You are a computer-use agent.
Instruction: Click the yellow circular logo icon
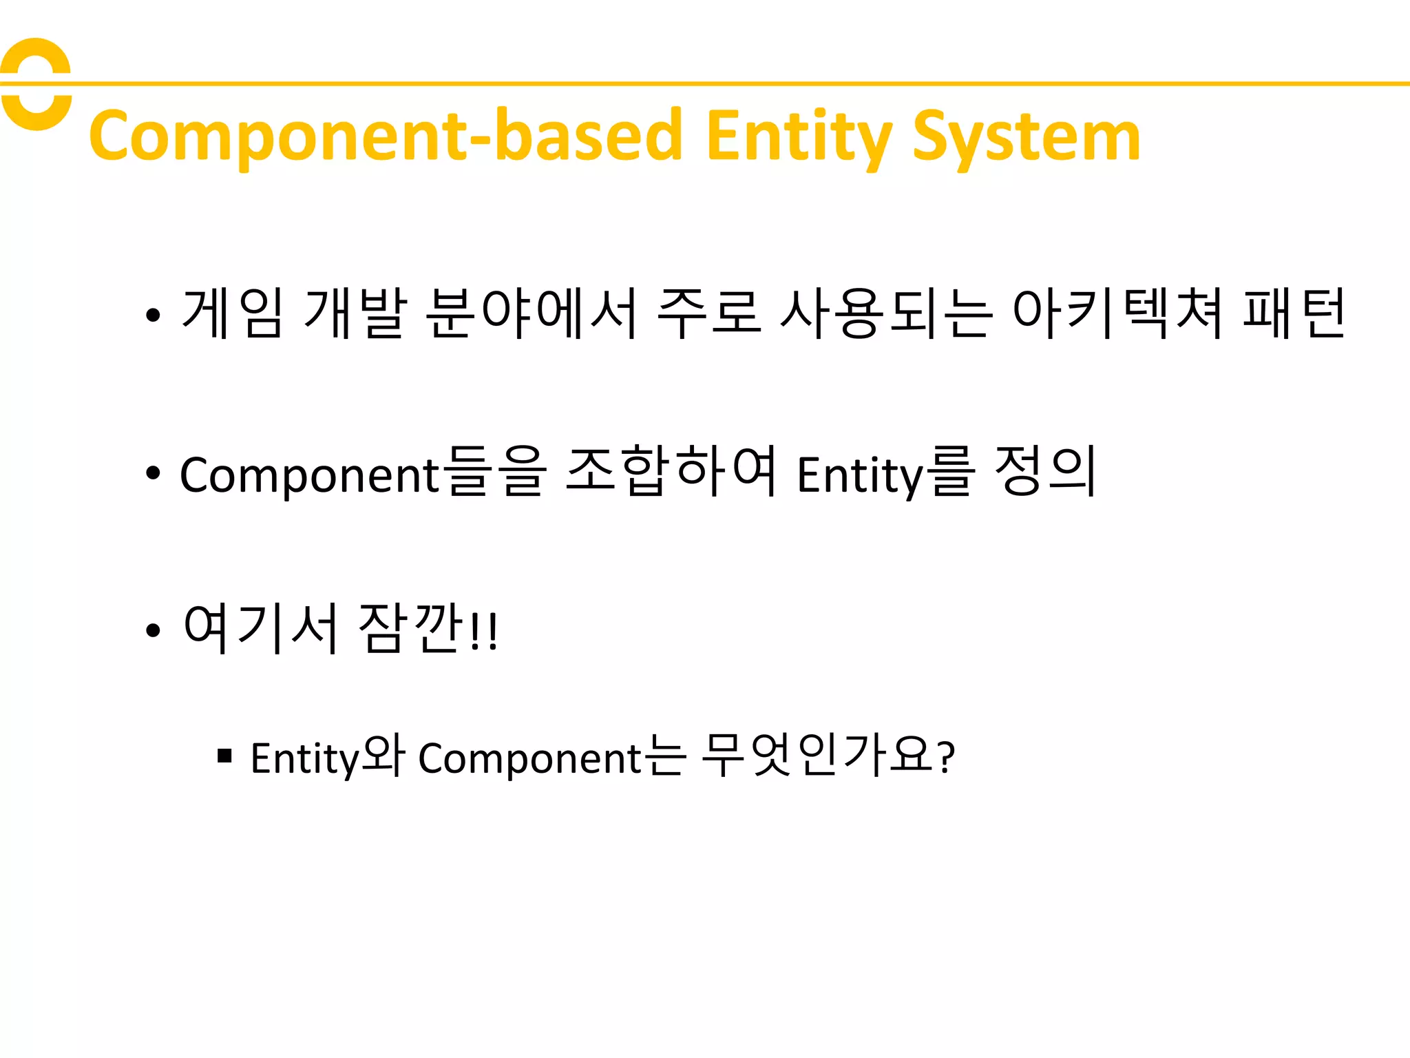[x=36, y=84]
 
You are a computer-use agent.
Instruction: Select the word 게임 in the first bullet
[x=232, y=313]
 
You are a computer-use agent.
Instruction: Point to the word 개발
[x=355, y=313]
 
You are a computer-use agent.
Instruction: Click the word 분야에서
[x=532, y=313]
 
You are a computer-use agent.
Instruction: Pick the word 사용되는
[x=887, y=313]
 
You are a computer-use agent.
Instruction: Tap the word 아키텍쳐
[x=1117, y=313]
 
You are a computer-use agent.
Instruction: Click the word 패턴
[x=1294, y=313]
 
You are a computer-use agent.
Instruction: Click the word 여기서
[x=260, y=628]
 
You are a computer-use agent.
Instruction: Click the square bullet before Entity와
[x=224, y=756]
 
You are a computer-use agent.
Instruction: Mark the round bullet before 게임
[x=153, y=315]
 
